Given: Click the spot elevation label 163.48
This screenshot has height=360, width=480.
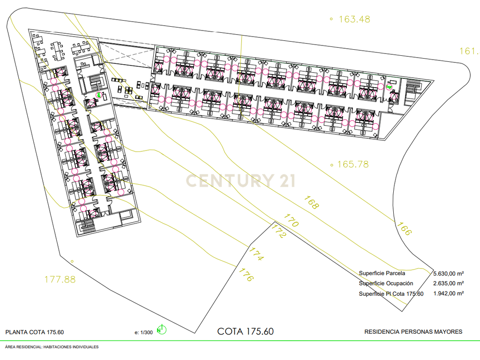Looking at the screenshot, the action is [354, 19].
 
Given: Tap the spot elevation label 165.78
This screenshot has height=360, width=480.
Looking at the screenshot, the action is [353, 165].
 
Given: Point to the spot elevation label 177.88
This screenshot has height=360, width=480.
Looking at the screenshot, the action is [60, 279].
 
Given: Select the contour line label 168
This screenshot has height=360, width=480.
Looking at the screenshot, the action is [311, 202].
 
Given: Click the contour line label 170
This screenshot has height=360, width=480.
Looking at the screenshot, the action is [291, 220].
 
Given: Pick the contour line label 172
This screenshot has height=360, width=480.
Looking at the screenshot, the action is [278, 231].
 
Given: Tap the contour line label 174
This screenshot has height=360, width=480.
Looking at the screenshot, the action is [255, 254].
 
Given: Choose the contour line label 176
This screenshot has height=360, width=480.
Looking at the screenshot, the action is [246, 275].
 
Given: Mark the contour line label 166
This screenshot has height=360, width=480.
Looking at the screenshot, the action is [404, 229].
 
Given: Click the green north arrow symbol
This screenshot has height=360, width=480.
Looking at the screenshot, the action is [161, 330].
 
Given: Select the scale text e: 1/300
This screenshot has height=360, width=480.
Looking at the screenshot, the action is [143, 332].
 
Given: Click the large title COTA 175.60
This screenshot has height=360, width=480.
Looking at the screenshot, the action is [246, 331].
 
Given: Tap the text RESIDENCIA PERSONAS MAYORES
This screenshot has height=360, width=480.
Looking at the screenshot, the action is [413, 332].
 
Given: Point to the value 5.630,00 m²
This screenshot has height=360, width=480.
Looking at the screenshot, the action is [449, 273].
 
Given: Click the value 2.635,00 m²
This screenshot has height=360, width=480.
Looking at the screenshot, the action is [449, 284].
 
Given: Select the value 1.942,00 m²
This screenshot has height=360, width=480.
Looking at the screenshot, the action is [449, 293].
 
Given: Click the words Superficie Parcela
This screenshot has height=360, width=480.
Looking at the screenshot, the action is [382, 273].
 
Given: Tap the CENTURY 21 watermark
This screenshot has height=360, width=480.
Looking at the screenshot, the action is [240, 180].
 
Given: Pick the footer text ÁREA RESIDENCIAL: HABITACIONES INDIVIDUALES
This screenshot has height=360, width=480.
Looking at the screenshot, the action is [52, 347].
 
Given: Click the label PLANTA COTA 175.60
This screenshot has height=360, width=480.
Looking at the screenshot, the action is [35, 332].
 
